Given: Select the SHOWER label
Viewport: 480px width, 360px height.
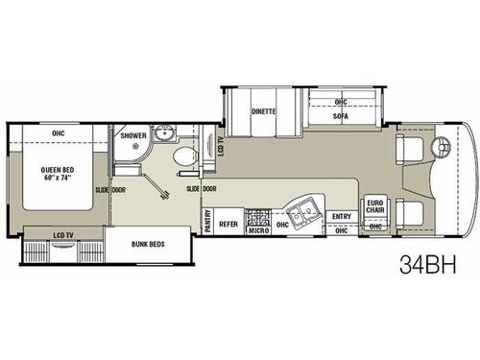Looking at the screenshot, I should [x=133, y=136].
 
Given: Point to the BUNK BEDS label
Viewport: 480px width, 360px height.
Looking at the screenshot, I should [x=148, y=244].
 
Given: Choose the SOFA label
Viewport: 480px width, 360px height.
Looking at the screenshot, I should [x=340, y=114].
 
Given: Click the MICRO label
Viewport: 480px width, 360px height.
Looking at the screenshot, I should [x=257, y=230].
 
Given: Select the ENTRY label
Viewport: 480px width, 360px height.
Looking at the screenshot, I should [x=341, y=218].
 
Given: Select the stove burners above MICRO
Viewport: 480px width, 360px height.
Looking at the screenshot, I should [x=256, y=216].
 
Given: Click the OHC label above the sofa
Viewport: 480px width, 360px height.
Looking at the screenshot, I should [x=341, y=101].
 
